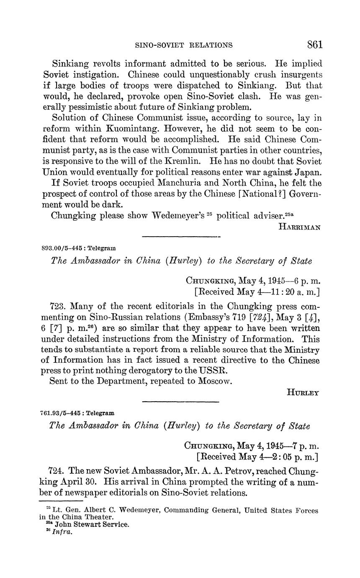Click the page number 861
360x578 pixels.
click(x=314, y=44)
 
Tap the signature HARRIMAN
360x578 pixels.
click(x=299, y=227)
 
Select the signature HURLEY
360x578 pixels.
click(x=303, y=392)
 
